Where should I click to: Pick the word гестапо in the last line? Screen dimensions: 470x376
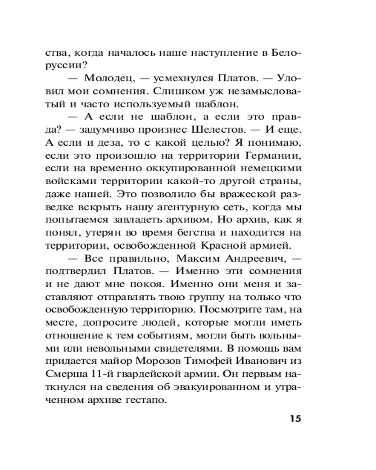[x=146, y=400]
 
